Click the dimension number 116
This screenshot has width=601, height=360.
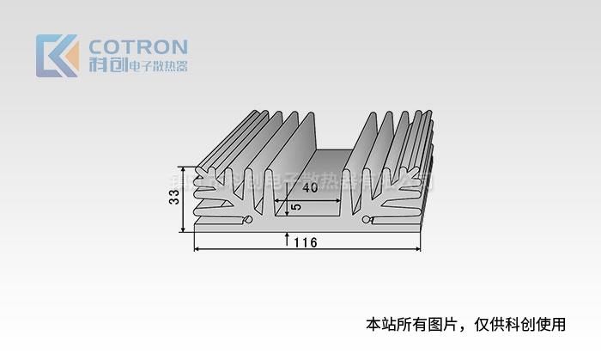click(305, 242)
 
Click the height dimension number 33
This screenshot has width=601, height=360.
click(174, 198)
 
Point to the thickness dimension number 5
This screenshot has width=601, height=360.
click(296, 208)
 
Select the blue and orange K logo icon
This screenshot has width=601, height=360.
click(57, 56)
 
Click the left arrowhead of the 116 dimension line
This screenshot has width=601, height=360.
click(197, 249)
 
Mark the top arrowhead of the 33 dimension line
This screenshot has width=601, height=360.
click(183, 168)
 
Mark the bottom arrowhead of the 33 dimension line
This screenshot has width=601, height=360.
click(183, 229)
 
